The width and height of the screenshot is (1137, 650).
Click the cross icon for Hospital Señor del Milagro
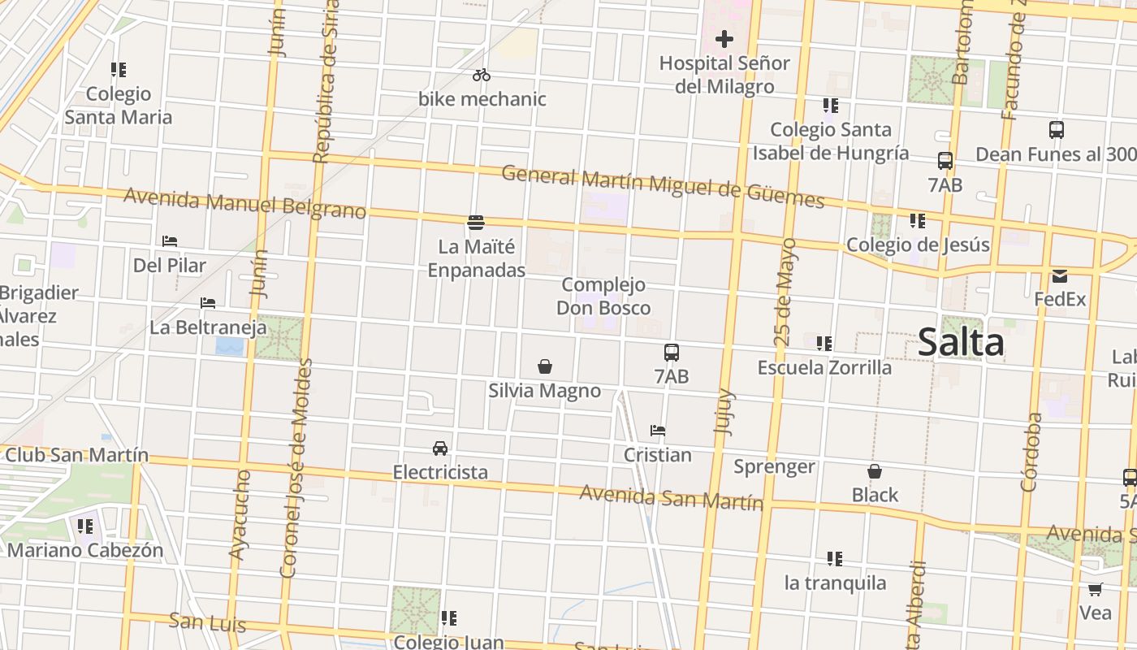point(724,39)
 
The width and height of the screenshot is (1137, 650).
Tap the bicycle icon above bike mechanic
point(482,75)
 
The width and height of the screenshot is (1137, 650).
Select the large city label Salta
point(961,343)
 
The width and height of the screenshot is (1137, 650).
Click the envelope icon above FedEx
point(1060,276)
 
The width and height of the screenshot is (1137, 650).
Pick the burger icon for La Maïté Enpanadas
point(476,222)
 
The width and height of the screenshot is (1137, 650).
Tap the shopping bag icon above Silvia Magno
point(545,367)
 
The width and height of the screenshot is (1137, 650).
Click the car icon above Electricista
point(440,448)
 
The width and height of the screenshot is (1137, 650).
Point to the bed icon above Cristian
point(658,431)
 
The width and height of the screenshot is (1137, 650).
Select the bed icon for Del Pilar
point(170,241)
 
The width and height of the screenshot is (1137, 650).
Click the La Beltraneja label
point(208,328)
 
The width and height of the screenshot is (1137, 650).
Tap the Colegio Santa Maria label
point(119,106)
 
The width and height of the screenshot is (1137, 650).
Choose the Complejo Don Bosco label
point(603,296)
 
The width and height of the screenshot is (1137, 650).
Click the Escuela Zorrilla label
point(824,367)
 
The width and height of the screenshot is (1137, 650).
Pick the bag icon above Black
point(875,471)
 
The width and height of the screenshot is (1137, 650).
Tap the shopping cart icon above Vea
point(1096,589)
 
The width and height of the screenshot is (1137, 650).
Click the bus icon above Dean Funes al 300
point(1057,130)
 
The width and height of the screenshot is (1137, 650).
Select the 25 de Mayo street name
point(785,292)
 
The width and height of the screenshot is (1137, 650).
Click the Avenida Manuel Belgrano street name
point(244,203)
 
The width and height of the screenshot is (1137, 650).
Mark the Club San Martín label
point(77,455)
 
